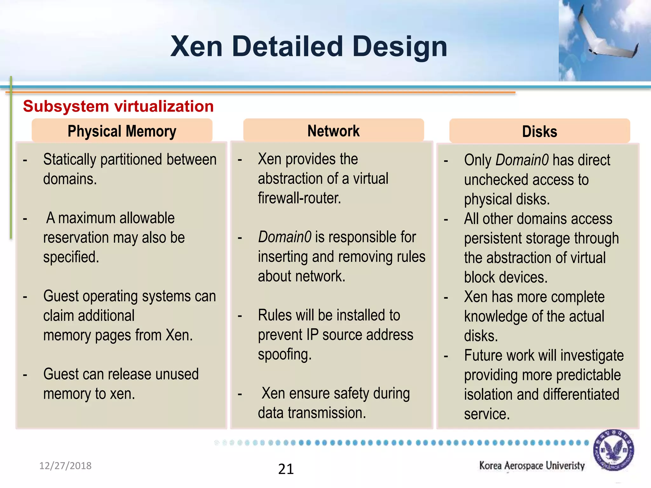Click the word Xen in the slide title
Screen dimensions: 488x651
point(196,47)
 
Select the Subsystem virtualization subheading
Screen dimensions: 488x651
point(118,106)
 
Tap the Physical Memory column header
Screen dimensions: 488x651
point(122,131)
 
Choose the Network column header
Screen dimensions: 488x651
point(333,131)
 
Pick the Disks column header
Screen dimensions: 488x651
point(539,132)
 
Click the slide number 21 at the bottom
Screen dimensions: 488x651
point(286,469)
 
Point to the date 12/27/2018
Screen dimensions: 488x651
point(65,466)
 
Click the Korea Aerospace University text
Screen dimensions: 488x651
point(532,465)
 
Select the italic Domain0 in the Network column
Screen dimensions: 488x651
point(284,237)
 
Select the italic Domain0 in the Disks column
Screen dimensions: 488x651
point(522,160)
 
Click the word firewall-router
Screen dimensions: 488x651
point(299,198)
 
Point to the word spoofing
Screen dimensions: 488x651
point(284,355)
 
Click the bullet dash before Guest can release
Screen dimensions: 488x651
point(25,375)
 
